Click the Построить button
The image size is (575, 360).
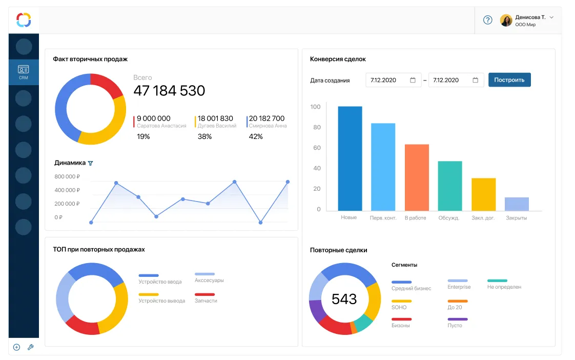(x=509, y=80)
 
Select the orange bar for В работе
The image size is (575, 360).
(x=417, y=177)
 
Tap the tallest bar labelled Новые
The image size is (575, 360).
(x=350, y=158)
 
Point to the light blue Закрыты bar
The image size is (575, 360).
(x=517, y=204)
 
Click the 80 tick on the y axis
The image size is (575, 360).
(x=317, y=127)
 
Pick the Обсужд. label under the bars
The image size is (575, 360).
(x=449, y=218)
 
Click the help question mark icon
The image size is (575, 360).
(x=488, y=20)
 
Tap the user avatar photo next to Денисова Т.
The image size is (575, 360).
(x=506, y=20)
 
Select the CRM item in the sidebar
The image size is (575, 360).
(x=24, y=72)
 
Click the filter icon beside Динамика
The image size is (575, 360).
(x=91, y=163)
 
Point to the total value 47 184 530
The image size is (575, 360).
(x=169, y=91)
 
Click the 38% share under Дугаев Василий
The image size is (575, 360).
(x=205, y=136)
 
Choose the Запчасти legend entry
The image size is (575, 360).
(x=206, y=301)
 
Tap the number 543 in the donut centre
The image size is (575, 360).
(x=344, y=299)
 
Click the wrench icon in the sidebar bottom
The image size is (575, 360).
(x=30, y=347)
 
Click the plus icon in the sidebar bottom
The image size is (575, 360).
(x=16, y=347)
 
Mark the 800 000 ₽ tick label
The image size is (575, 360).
(x=67, y=176)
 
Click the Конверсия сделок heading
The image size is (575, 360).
(x=338, y=59)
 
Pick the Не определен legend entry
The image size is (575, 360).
(x=504, y=287)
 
